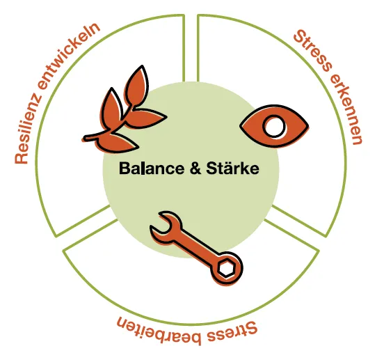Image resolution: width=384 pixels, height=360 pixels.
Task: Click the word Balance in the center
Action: (x=152, y=169)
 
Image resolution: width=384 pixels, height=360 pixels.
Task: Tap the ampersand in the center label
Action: (x=195, y=169)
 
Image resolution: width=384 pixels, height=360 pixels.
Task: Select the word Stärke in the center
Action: (x=232, y=169)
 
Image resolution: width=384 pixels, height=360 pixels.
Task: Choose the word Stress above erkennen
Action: (x=313, y=50)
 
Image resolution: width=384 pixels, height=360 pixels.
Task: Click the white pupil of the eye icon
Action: (x=274, y=127)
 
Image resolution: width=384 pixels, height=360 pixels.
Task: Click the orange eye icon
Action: (x=274, y=127)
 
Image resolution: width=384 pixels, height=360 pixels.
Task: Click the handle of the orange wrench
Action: (x=197, y=246)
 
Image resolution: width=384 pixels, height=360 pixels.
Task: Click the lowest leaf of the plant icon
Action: (x=117, y=143)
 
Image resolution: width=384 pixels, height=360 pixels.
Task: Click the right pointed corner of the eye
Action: (x=308, y=127)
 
